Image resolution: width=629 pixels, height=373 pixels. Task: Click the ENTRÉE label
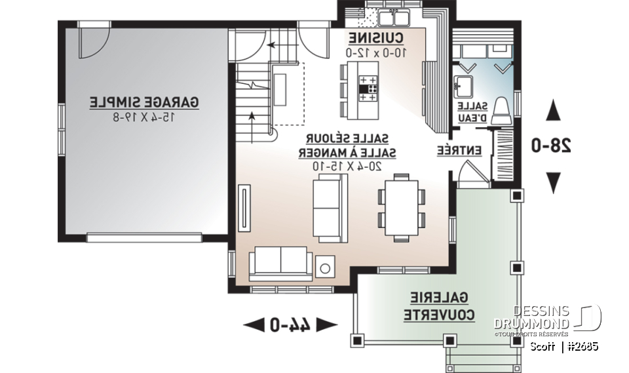click(459, 150)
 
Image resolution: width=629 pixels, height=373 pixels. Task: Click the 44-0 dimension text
click(290, 323)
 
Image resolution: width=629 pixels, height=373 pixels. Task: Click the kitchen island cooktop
click(367, 87)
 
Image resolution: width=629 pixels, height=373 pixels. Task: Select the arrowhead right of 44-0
click(329, 323)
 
